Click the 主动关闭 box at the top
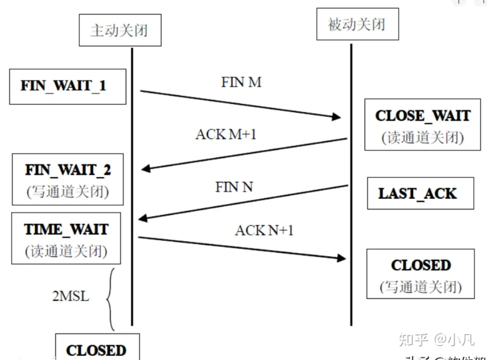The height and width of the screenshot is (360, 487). (x=120, y=31)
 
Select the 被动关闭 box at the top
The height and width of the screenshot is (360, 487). (x=357, y=24)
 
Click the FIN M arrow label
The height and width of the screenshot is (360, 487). (x=241, y=82)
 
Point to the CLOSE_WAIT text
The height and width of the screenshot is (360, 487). (x=422, y=116)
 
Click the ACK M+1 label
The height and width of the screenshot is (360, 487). (x=226, y=134)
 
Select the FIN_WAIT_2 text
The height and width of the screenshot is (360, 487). (x=67, y=170)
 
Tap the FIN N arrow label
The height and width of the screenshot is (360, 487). (x=234, y=187)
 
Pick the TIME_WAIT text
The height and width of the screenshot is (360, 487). (x=66, y=229)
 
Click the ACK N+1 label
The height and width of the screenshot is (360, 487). (x=264, y=231)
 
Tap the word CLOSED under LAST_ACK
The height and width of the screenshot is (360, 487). (x=421, y=265)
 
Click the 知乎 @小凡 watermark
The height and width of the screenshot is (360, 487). (x=436, y=339)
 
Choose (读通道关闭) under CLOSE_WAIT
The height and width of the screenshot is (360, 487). (x=422, y=138)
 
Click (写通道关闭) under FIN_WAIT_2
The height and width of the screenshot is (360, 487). (x=67, y=192)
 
